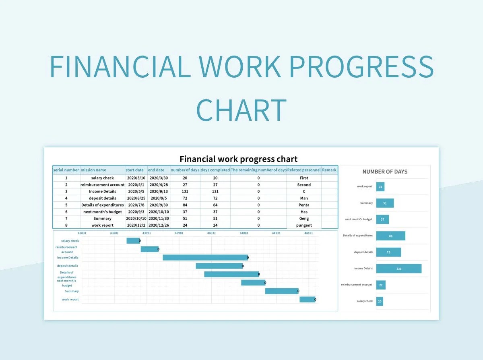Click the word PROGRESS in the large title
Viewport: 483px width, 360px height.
pos(361,67)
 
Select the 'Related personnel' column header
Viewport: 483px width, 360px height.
pos(304,170)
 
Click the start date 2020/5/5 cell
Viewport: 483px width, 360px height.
pos(135,191)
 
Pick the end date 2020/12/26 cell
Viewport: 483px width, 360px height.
pos(159,225)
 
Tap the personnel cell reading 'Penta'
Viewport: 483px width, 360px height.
pos(304,205)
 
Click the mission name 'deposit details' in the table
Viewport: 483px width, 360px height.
pos(102,198)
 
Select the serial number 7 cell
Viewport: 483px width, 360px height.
pos(66,218)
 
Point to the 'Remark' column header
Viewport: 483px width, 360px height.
pos(329,170)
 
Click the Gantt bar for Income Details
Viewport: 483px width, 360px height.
pos(205,257)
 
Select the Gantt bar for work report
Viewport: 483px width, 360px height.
pos(307,299)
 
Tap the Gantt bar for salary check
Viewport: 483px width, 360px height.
pos(133,241)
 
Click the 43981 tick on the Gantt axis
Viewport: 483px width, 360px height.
pos(179,233)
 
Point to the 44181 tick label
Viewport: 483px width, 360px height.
pos(308,233)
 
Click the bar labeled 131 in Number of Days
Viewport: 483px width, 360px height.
pos(398,269)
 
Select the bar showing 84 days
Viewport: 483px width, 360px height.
pos(390,236)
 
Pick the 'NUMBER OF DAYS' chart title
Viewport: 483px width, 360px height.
pos(385,172)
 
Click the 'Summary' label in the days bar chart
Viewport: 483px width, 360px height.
pos(366,203)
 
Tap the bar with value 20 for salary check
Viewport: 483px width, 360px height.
pos(380,301)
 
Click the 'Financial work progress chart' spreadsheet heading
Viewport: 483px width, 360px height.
pos(239,159)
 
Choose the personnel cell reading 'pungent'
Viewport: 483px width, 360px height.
pos(304,225)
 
